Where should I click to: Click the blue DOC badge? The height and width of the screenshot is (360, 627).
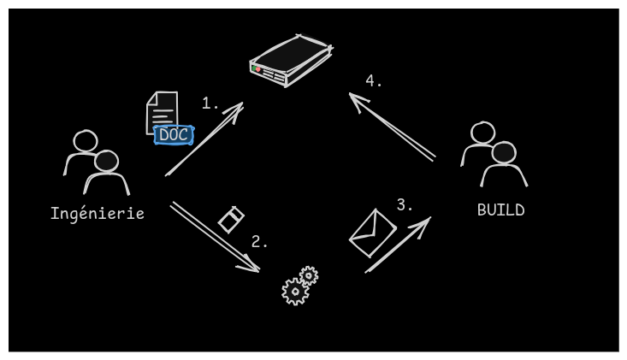click(x=174, y=135)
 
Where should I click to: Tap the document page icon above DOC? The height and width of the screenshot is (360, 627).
click(x=163, y=109)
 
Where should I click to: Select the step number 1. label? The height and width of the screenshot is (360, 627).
click(x=210, y=103)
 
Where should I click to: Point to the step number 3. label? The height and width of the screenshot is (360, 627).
click(x=405, y=205)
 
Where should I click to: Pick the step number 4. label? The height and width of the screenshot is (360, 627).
click(x=374, y=81)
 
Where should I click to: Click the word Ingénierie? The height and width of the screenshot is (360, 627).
click(x=97, y=214)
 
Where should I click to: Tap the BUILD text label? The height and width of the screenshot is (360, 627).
click(x=500, y=210)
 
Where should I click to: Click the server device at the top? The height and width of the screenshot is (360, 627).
click(x=291, y=60)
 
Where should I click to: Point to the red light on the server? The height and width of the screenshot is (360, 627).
click(x=257, y=69)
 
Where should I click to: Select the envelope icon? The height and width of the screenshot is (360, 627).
click(x=372, y=233)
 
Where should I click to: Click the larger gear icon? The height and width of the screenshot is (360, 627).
click(x=295, y=292)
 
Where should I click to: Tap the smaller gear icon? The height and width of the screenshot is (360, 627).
click(x=309, y=275)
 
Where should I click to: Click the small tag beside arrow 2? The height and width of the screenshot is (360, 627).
click(x=231, y=220)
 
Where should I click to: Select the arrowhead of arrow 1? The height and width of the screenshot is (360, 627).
click(x=238, y=108)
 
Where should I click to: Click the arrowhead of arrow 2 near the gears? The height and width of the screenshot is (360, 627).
click(x=253, y=268)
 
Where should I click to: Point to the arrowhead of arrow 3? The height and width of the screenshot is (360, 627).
click(x=424, y=222)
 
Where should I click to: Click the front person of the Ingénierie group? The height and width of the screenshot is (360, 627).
click(x=107, y=171)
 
